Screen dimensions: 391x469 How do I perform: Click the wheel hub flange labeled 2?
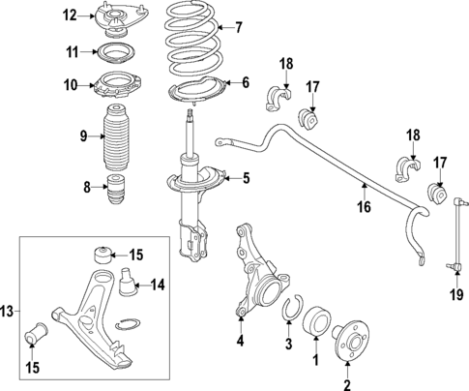coord(350,344)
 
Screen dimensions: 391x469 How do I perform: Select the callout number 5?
coord(246,177)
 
